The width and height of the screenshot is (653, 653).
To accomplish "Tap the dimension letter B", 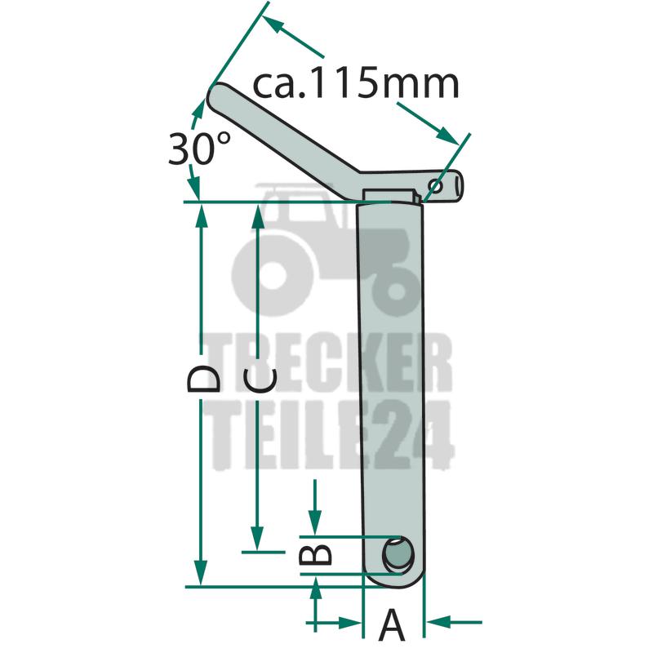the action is click(x=316, y=554).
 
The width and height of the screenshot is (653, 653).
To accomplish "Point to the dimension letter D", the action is click(x=203, y=379).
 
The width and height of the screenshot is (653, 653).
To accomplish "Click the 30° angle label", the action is click(x=199, y=148).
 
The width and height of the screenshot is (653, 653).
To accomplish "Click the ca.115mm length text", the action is click(x=355, y=85).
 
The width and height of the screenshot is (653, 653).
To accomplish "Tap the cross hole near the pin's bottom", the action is click(x=398, y=556).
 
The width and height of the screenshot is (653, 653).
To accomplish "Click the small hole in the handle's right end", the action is click(x=436, y=186).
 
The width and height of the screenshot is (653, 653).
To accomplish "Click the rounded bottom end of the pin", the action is click(x=393, y=580).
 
